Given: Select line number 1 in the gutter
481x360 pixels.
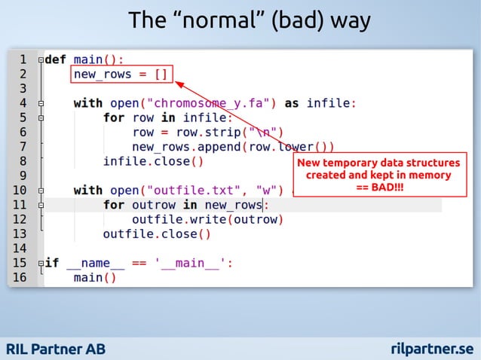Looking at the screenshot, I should [x=23, y=59].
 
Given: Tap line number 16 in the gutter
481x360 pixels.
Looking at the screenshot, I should [x=20, y=278].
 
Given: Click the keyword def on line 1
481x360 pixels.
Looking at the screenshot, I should [x=57, y=59].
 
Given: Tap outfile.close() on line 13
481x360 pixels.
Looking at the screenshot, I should [x=157, y=233].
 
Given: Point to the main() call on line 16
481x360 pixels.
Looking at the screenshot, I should [x=95, y=278].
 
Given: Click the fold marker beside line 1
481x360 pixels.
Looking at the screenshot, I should [x=40, y=59].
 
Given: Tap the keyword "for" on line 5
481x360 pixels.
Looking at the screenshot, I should [x=114, y=117].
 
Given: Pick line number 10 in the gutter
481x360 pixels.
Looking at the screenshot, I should [x=20, y=190].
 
